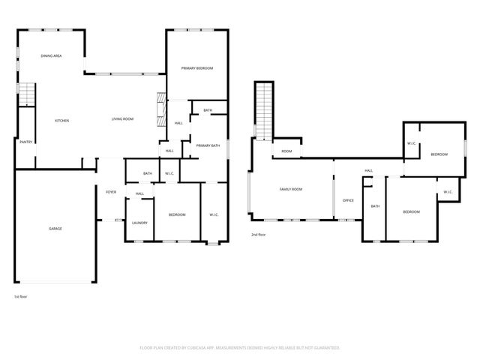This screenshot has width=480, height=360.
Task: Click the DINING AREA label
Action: click(x=51, y=55)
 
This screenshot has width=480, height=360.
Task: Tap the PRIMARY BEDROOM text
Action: click(x=197, y=68)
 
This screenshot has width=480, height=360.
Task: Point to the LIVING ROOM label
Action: click(x=122, y=119)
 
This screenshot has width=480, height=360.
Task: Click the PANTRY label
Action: click(x=25, y=141)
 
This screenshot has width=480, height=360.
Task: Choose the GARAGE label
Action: click(x=55, y=228)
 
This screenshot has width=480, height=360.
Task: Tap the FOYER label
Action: click(x=111, y=193)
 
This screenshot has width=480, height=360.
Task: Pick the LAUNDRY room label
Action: click(x=139, y=223)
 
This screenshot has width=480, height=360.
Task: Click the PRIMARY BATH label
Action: click(x=208, y=145)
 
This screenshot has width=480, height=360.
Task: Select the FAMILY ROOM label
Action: click(x=291, y=189)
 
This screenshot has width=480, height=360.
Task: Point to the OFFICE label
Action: click(x=348, y=200)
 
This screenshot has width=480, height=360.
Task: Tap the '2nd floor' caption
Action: click(x=259, y=235)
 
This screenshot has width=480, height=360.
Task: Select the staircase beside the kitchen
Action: click(x=27, y=94)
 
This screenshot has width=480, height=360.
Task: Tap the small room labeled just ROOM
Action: click(x=286, y=151)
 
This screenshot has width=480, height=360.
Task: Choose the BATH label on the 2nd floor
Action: click(x=374, y=206)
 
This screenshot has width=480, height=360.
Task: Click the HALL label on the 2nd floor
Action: click(x=368, y=170)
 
